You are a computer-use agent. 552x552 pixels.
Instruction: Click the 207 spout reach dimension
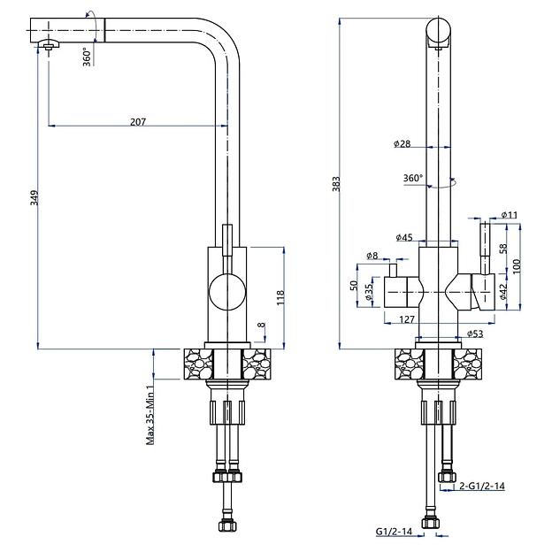point(138,121)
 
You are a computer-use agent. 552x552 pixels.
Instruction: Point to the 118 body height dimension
point(281,297)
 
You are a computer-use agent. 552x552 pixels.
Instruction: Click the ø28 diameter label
point(403,143)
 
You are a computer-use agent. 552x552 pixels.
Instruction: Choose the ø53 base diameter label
point(474,333)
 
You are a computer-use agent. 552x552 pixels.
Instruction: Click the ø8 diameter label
point(372,257)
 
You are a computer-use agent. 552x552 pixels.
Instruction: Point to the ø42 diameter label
point(502,291)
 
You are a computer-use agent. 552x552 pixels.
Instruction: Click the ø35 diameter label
point(369,297)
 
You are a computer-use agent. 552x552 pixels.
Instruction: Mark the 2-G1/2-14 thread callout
point(483,486)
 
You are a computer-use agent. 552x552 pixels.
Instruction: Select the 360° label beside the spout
point(88,56)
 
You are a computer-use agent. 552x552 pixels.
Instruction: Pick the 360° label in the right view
point(413,178)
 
